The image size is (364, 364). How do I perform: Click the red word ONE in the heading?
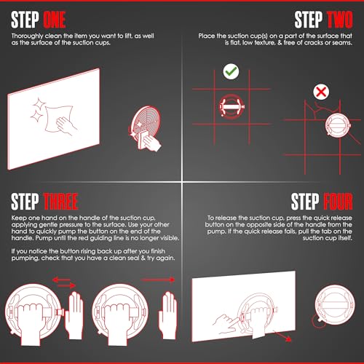coord(55,20)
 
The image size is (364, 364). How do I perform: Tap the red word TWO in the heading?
coord(340,20)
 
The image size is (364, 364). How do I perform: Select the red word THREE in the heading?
coord(60,202)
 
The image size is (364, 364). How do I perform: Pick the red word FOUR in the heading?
coord(338,202)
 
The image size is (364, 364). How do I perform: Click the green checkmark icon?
coord(231,71)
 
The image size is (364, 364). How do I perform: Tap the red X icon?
coord(321,92)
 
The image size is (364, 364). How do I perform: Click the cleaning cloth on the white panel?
coord(59,118)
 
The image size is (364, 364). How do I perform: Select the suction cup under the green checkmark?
coord(232,106)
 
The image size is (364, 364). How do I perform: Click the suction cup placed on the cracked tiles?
coord(338,125)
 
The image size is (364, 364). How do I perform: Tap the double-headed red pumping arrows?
coord(64,282)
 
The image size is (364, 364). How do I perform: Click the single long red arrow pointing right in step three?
coord(158,280)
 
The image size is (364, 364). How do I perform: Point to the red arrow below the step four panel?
coord(282,336)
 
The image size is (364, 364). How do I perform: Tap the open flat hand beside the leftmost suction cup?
coord(74,315)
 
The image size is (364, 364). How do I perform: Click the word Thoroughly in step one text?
coord(27,36)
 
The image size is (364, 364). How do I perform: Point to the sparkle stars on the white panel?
coord(38,110)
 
